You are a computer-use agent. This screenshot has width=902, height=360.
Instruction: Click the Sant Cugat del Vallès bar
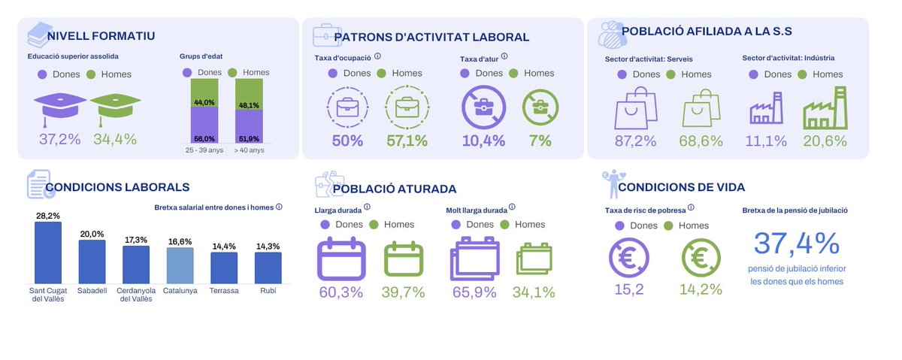(47, 252)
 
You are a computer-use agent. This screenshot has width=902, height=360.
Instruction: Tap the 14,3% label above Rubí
(268, 247)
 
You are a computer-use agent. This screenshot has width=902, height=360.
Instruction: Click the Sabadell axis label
(92, 290)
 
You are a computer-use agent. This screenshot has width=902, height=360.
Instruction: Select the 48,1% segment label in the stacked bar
(249, 105)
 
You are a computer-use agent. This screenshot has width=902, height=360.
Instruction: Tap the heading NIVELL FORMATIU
(101, 36)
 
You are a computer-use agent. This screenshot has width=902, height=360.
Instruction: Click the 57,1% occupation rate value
(407, 141)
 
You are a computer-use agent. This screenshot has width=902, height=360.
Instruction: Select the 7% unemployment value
(540, 141)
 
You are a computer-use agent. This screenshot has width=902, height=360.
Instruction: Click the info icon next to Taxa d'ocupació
(377, 56)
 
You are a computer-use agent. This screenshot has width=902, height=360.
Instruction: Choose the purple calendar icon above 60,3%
(341, 259)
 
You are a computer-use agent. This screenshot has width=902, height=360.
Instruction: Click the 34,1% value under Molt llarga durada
(534, 292)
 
